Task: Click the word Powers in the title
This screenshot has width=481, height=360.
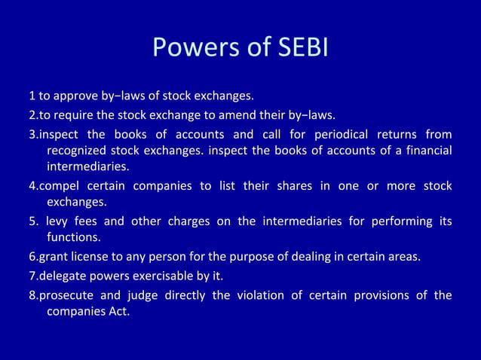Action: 191,48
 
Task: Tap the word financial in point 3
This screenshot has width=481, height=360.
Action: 427,151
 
